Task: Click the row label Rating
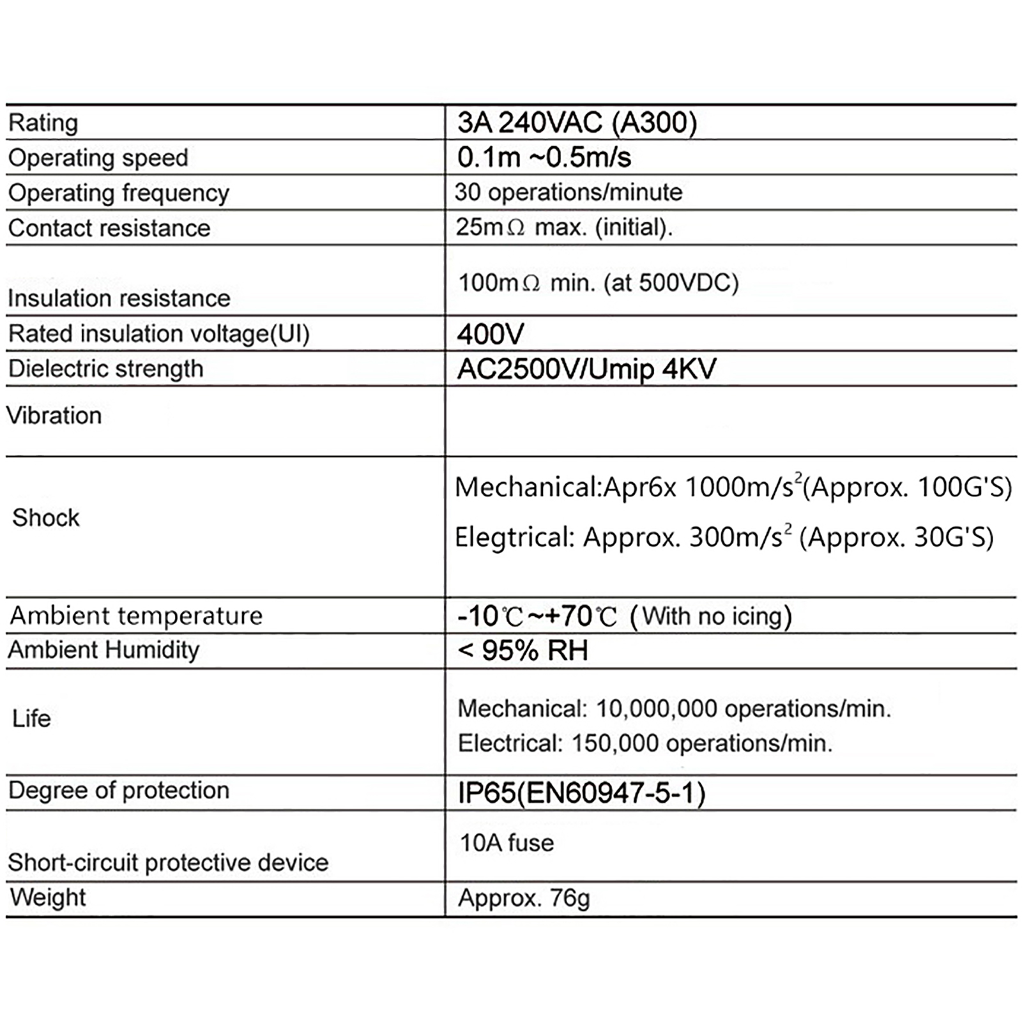point(43,123)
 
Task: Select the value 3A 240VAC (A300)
point(577,123)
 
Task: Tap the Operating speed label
point(98,158)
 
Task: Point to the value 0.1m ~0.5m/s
point(544,157)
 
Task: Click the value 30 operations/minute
point(568,192)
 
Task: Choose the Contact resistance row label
point(109,228)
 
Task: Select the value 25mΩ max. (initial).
point(564,227)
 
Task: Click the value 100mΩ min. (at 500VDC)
point(598,282)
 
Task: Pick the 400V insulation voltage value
point(490,333)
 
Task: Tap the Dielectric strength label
point(105,369)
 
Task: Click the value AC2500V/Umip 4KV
point(586,369)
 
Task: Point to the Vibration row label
point(54,416)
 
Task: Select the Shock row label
point(46,517)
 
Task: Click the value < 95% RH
point(522,651)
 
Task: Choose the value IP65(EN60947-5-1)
point(581,793)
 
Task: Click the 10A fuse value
point(507,843)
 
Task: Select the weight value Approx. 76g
point(524,898)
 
